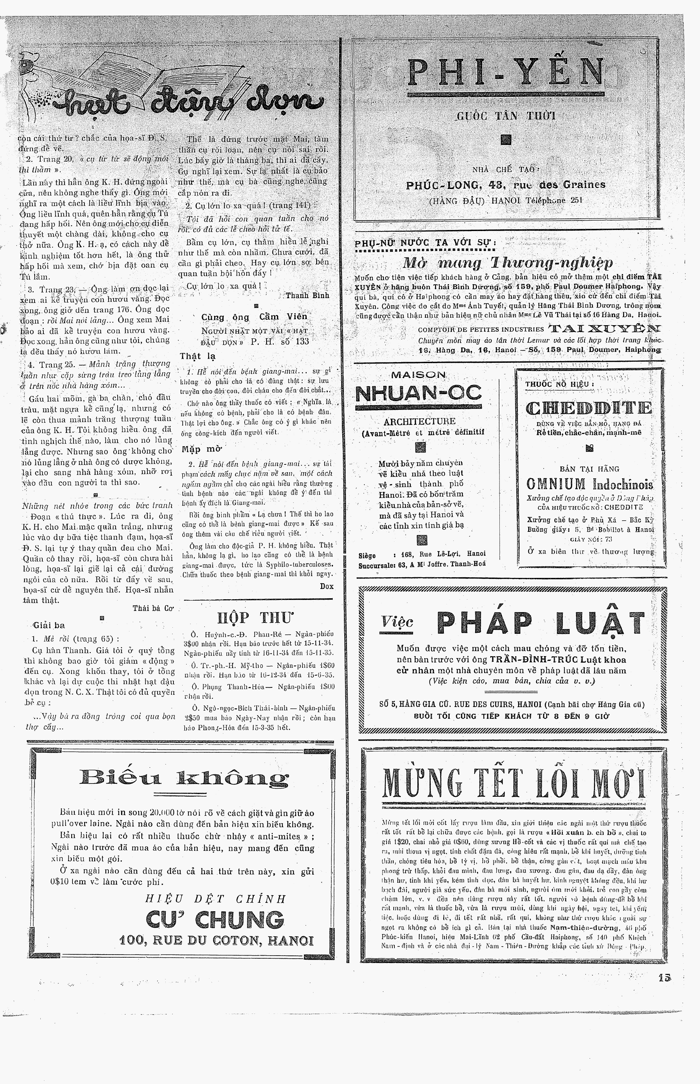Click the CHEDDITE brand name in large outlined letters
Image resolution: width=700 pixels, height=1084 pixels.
589,408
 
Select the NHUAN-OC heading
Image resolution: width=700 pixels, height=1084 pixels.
418,393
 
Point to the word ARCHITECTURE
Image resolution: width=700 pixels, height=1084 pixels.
419,421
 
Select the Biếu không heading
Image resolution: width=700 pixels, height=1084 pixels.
184,778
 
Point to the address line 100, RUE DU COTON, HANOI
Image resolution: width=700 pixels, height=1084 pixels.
217,940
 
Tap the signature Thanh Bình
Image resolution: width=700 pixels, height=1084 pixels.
307,295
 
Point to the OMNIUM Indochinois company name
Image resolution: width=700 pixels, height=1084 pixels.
590,484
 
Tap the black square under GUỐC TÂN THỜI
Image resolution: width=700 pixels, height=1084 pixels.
506,140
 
